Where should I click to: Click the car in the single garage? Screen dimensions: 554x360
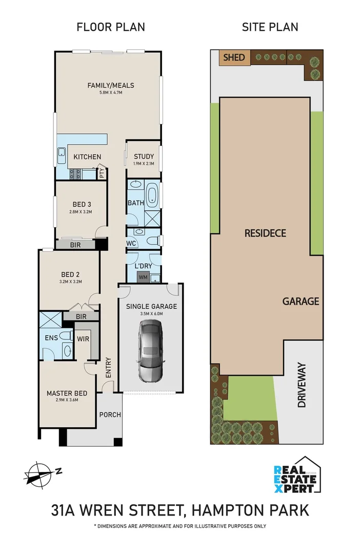[x=151, y=350]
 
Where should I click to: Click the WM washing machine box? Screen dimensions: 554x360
[x=142, y=278]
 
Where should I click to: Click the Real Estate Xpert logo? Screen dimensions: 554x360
[x=296, y=476]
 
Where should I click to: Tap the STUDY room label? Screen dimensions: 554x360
[x=144, y=156]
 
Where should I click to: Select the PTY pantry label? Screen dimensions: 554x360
[x=102, y=173]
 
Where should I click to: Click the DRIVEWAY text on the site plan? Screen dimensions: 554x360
[x=302, y=385]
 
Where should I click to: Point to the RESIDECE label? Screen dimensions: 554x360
[x=265, y=233]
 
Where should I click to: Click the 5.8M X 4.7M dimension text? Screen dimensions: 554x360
[x=111, y=93]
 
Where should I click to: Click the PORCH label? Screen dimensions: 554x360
[x=109, y=414]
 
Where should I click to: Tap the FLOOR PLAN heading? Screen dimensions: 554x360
[x=111, y=27]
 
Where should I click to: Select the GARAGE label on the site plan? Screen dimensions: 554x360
[x=301, y=302]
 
